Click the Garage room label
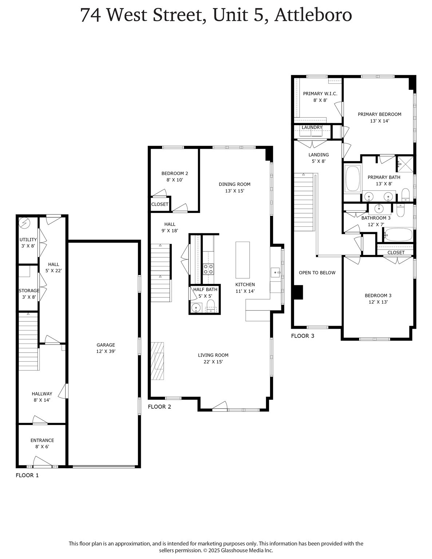106,345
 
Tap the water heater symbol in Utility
24,222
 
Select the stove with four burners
208,269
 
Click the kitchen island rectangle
243,260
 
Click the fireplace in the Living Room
158,361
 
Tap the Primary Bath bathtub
353,179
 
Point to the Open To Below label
317,273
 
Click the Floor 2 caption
159,407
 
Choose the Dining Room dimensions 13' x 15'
234,191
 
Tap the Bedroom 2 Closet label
160,204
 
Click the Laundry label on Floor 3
312,127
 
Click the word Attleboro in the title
313,15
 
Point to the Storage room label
29,290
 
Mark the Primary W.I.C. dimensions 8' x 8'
320,100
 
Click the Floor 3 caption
302,336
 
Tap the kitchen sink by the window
275,272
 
